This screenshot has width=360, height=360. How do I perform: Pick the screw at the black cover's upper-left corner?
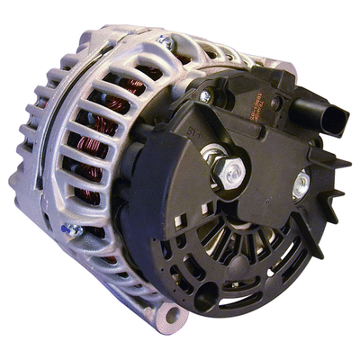click(205, 95)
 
